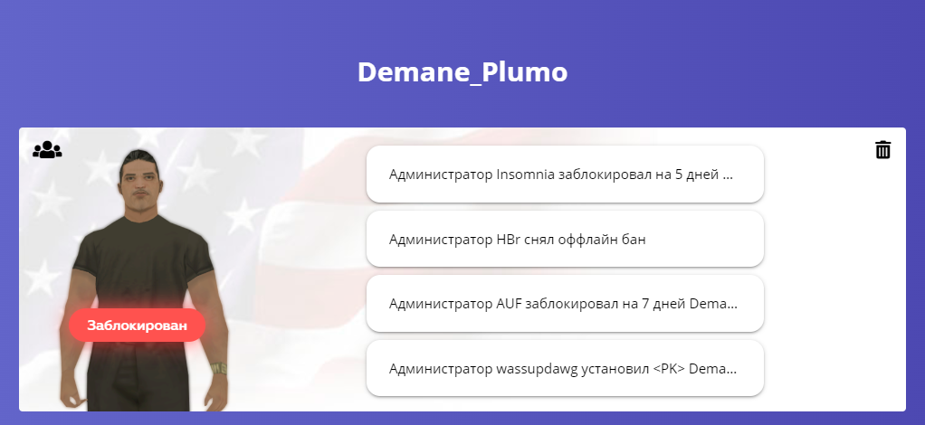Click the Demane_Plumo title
tap(462, 72)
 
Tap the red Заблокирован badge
tap(137, 326)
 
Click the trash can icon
tap(882, 150)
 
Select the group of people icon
tap(47, 150)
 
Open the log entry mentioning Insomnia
tap(565, 175)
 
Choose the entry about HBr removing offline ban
tap(565, 240)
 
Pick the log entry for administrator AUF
tap(565, 304)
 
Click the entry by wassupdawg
tap(565, 368)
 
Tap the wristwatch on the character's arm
tap(219, 368)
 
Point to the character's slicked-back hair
tap(138, 157)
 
